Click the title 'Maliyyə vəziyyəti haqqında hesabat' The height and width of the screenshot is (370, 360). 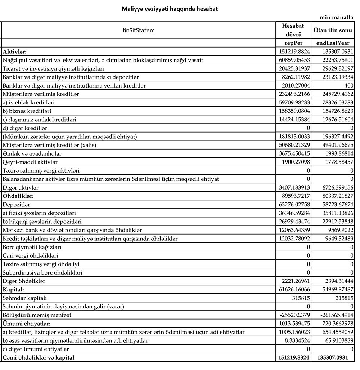(170, 9)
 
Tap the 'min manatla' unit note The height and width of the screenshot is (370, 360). (336, 18)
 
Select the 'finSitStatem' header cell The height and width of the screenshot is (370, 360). (139, 30)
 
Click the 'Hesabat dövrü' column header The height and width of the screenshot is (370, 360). (293, 30)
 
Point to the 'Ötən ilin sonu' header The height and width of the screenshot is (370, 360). (333, 30)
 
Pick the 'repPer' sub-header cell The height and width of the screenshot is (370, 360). (293, 43)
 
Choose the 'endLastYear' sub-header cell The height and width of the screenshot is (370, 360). (333, 43)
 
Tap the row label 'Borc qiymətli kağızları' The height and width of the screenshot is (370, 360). (32, 247)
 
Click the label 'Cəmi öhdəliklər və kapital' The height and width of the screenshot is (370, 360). (39, 357)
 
